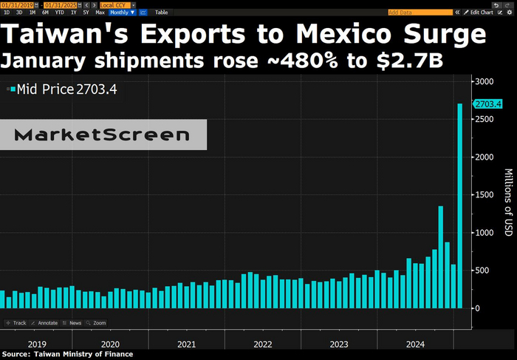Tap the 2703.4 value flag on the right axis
488,104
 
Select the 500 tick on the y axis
483,271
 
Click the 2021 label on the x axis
187,344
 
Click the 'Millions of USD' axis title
508,203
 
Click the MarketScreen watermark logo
102,135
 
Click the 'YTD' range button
59,13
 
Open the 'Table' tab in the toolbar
161,13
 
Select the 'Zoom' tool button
96,323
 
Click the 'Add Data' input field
420,13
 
